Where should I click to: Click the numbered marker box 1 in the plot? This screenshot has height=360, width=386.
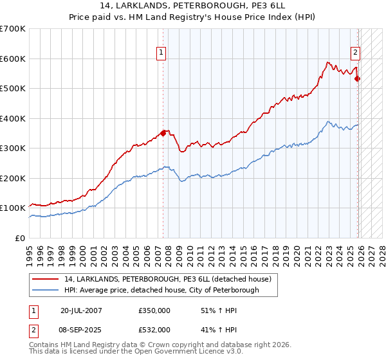pos(160,53)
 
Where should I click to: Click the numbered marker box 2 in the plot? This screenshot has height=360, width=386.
pos(355,53)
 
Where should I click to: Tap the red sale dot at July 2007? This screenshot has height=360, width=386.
pos(163,133)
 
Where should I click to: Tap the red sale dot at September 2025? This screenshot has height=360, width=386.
pos(358,79)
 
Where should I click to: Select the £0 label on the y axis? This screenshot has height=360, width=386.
pos(21,238)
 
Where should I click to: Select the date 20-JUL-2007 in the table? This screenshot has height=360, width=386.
pos(81,310)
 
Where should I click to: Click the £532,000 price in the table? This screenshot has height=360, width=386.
pos(154,329)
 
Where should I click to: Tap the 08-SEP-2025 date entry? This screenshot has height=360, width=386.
pos(81,329)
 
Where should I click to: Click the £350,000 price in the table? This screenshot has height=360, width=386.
pos(154,310)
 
